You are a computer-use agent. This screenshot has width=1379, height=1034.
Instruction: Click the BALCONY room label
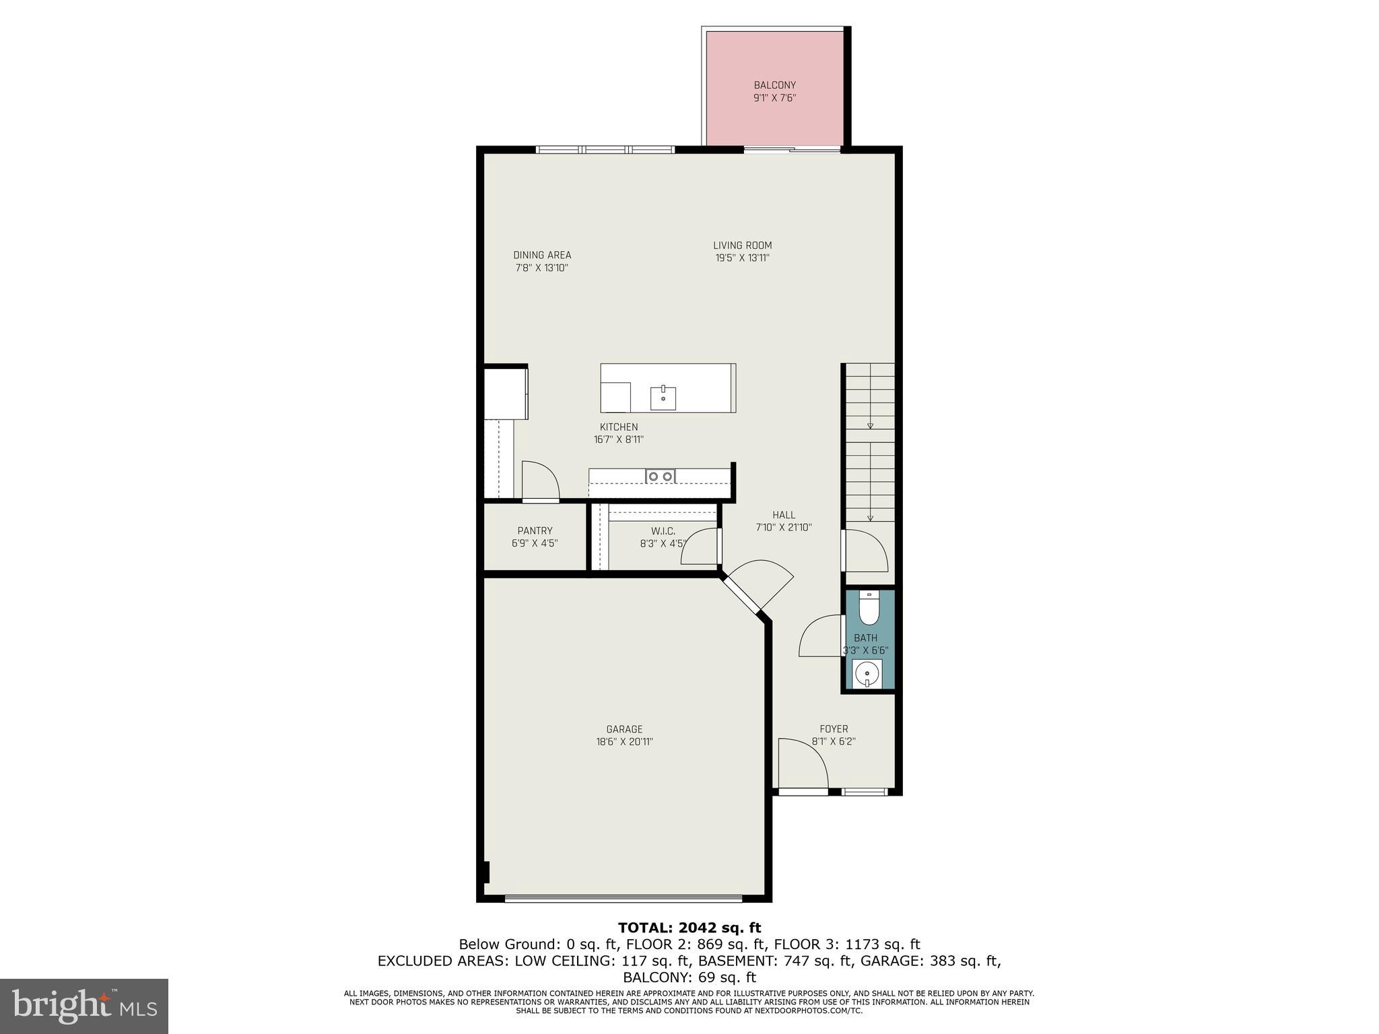(x=774, y=85)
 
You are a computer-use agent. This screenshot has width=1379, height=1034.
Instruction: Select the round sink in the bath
(x=867, y=673)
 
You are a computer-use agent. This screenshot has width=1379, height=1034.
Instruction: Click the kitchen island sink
(x=663, y=398)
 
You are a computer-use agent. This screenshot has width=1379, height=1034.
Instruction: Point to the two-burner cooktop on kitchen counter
(x=660, y=477)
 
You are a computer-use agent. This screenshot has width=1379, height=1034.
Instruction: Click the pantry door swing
(x=541, y=481)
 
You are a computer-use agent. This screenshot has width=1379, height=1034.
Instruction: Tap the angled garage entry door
(x=758, y=585)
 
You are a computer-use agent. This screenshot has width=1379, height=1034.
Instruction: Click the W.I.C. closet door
(x=700, y=547)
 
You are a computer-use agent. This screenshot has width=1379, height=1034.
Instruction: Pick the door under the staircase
(x=866, y=551)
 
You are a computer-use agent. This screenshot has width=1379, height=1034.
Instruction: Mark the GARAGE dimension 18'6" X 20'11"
(x=624, y=742)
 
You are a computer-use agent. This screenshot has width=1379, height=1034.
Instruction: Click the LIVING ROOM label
(x=742, y=246)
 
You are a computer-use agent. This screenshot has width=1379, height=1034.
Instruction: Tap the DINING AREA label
(x=542, y=255)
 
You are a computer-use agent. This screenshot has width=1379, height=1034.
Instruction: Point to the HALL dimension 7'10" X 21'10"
(x=784, y=528)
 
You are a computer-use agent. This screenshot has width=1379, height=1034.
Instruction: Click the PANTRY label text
(x=535, y=531)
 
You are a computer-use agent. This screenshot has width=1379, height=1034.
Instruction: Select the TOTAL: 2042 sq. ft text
(x=689, y=928)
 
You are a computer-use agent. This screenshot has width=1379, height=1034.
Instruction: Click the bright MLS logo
(x=84, y=1006)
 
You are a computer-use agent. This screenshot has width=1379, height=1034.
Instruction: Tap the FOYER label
(x=834, y=729)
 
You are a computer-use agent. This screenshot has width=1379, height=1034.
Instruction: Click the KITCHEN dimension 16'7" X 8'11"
(x=619, y=440)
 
